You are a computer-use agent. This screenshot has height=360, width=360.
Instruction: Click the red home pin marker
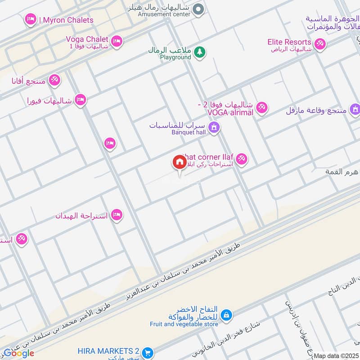coord(180,162)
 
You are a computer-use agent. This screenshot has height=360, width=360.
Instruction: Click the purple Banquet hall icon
coord(214,128)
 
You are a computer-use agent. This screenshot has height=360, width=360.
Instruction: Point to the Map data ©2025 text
coord(336,355)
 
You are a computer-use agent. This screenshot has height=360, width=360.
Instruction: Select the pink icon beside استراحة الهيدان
coord(117,215)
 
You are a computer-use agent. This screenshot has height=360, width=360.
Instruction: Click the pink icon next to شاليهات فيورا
coord(81,99)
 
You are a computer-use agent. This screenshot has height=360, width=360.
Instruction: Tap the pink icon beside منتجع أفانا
coord(54,80)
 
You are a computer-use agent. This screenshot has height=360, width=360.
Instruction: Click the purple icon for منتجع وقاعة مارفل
coord(355,109)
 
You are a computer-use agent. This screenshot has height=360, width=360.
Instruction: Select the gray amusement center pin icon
coord(199,9)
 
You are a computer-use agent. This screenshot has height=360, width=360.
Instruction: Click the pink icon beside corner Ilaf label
coord(242,159)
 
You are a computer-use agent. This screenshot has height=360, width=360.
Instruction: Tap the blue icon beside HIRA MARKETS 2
coord(147,351)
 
